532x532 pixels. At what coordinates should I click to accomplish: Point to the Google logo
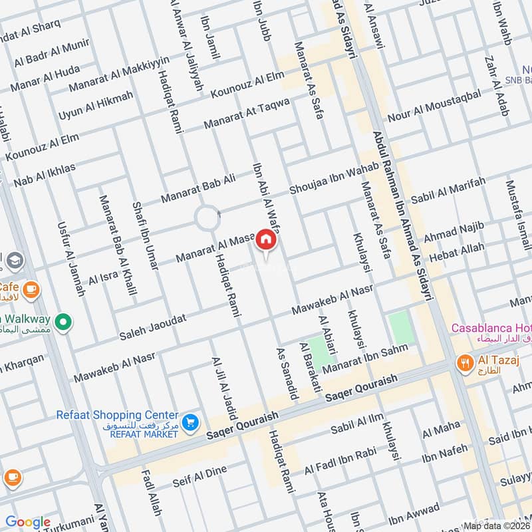point(28,522)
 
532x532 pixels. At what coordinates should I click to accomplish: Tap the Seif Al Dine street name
point(199,475)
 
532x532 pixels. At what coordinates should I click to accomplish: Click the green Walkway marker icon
point(63,323)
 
